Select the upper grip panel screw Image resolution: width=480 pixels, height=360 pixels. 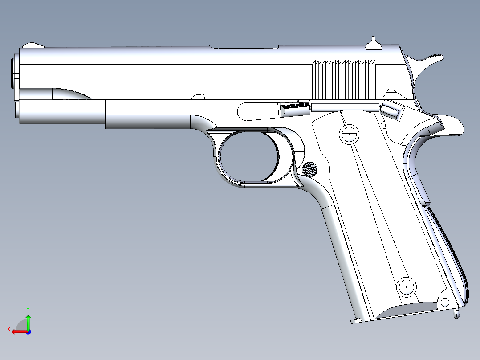[349, 134]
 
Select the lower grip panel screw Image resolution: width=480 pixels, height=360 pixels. [406, 286]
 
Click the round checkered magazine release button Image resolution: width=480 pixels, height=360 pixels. [310, 169]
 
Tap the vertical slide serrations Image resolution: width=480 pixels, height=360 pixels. [344, 80]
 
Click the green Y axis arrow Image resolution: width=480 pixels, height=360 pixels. [28, 317]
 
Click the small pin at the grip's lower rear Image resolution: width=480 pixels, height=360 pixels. [443, 302]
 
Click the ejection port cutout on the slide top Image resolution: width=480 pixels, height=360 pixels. [245, 47]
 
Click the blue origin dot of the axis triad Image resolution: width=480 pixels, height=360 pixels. [28, 331]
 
